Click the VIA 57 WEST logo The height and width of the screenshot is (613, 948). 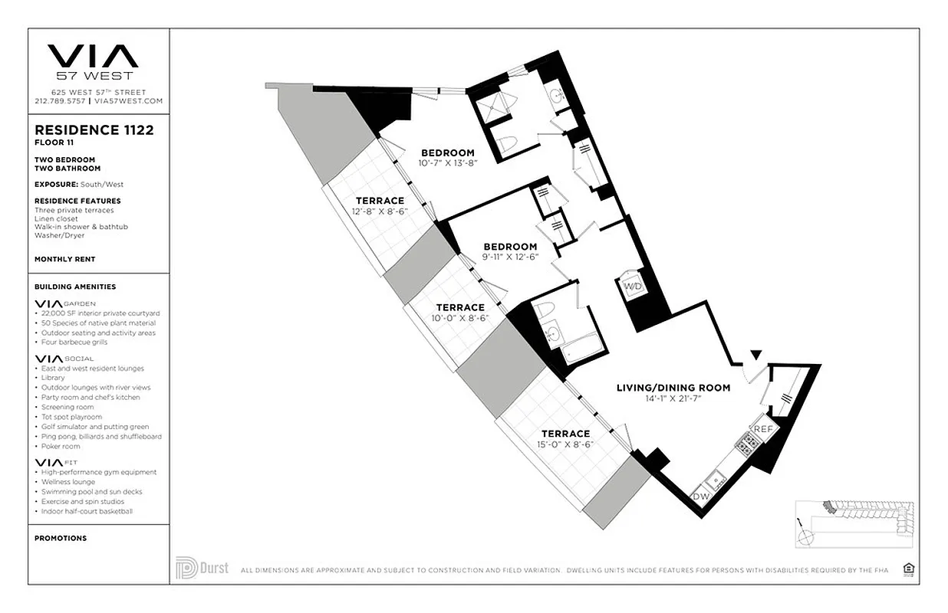93,61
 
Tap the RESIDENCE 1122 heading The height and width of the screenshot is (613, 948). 94,130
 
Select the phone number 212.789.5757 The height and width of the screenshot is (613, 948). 61,100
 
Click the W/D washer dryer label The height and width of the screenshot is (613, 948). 634,286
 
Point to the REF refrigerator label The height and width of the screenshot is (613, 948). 762,430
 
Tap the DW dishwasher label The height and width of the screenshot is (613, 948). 701,496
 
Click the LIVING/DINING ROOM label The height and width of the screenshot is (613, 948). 673,388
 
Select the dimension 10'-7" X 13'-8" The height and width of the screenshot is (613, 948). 448,162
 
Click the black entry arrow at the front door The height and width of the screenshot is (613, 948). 755,354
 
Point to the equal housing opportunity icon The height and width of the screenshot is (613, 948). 909,568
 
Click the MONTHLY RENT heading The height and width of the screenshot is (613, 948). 64,259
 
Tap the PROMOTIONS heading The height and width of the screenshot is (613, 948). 61,538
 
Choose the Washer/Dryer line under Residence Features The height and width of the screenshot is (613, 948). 59,235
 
